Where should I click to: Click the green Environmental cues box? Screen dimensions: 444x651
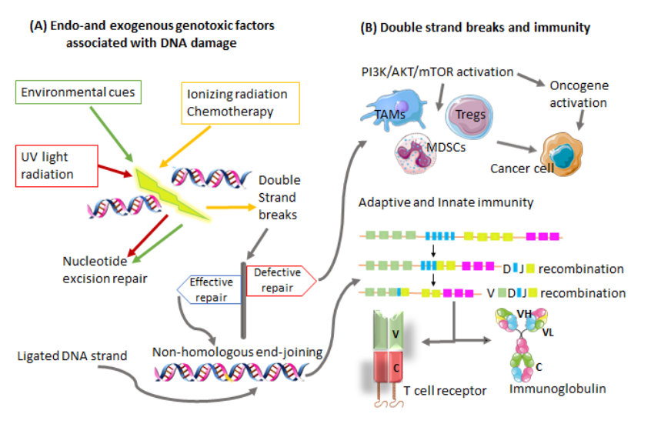pyautogui.click(x=78, y=93)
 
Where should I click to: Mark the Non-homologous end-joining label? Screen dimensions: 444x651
pyautogui.click(x=237, y=352)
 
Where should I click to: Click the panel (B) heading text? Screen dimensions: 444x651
pyautogui.click(x=475, y=28)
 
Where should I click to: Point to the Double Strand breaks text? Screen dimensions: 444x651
pyautogui.click(x=279, y=198)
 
